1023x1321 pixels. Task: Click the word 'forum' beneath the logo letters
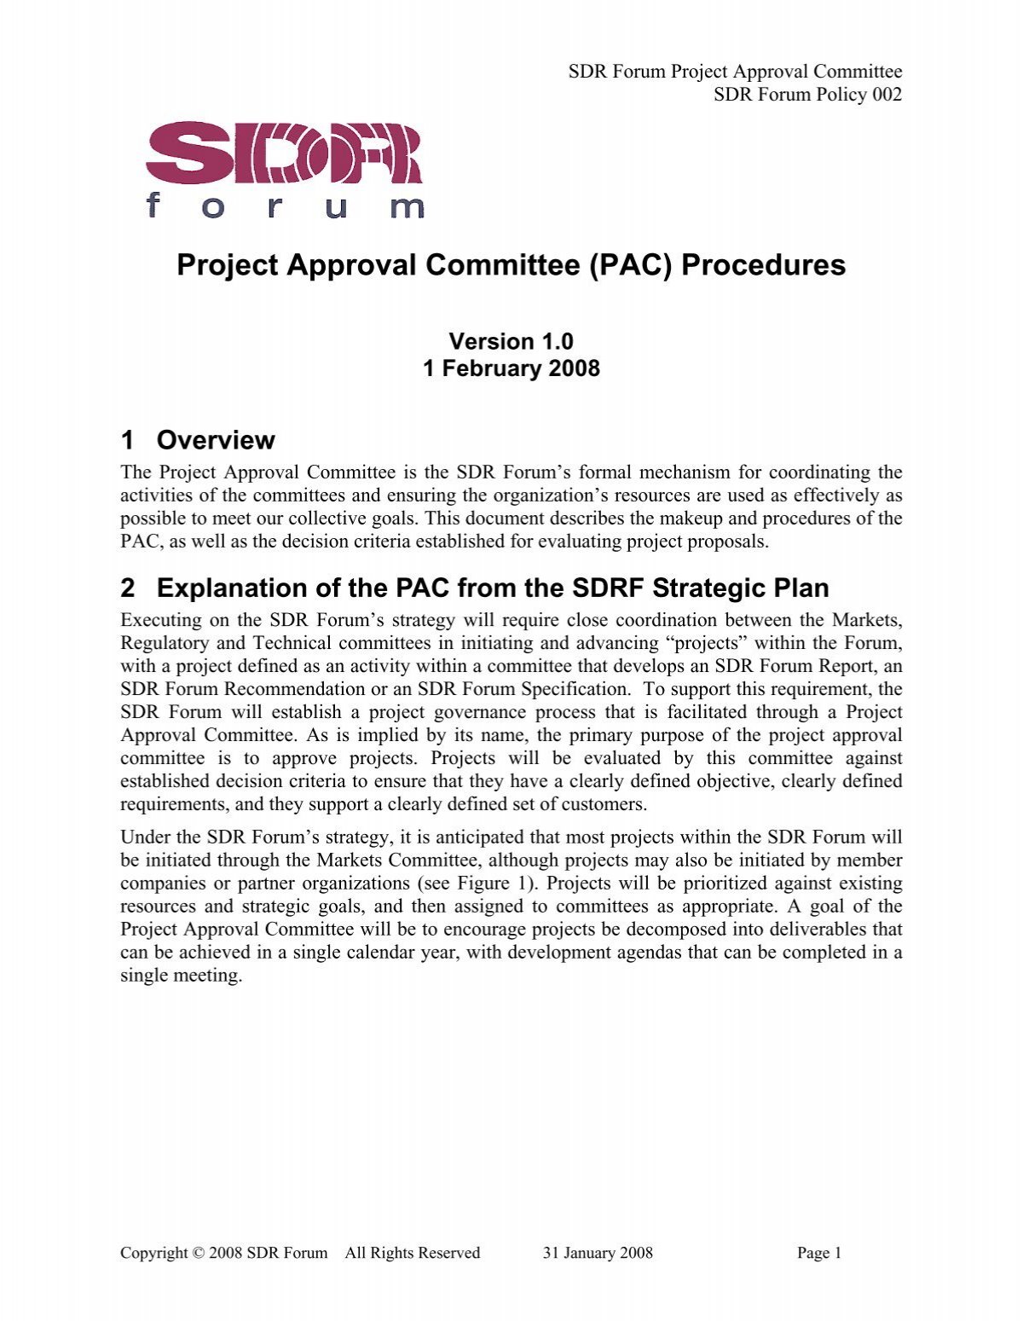[286, 206]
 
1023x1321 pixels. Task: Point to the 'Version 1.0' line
[511, 342]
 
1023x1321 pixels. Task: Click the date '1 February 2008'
[511, 369]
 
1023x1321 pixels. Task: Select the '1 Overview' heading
[198, 440]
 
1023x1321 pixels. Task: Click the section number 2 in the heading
[128, 588]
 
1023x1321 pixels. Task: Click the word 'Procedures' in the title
[763, 265]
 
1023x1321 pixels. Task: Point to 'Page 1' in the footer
[818, 1253]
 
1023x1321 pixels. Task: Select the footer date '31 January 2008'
[597, 1253]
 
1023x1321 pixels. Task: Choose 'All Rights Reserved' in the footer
[412, 1253]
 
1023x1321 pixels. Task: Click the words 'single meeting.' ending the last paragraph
[182, 976]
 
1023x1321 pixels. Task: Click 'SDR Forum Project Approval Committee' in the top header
[735, 72]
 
